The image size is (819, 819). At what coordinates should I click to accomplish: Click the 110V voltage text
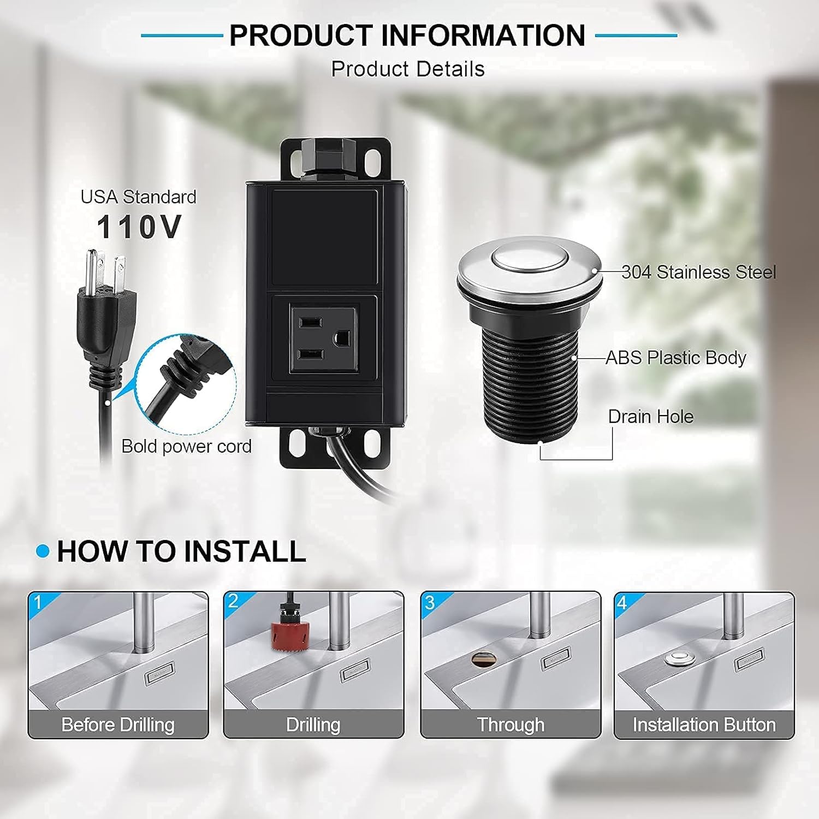139,227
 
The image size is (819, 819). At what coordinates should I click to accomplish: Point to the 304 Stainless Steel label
698,272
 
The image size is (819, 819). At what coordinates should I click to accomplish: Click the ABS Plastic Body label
675,358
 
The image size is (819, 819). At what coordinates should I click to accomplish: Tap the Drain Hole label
650,417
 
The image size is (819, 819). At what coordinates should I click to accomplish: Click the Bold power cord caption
186,446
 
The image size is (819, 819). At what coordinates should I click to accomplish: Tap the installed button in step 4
680,658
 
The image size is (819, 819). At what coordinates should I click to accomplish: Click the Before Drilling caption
118,725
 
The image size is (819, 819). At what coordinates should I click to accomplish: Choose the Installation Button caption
704,725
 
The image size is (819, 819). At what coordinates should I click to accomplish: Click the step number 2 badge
233,601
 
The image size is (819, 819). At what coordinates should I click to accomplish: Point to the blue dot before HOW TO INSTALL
43,551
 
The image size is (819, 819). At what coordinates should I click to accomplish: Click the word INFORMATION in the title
483,35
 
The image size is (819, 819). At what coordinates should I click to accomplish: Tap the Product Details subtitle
408,69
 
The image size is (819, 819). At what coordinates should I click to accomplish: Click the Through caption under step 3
511,725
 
